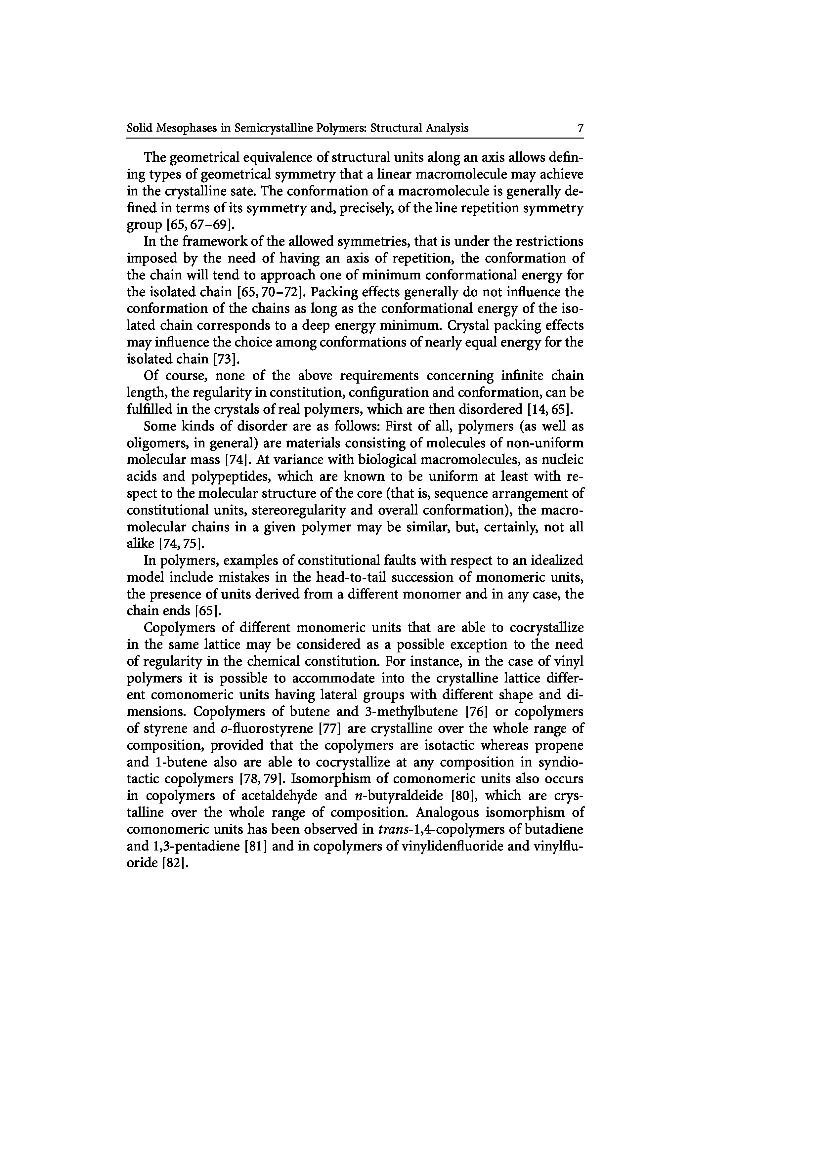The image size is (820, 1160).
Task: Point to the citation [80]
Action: point(464,796)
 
